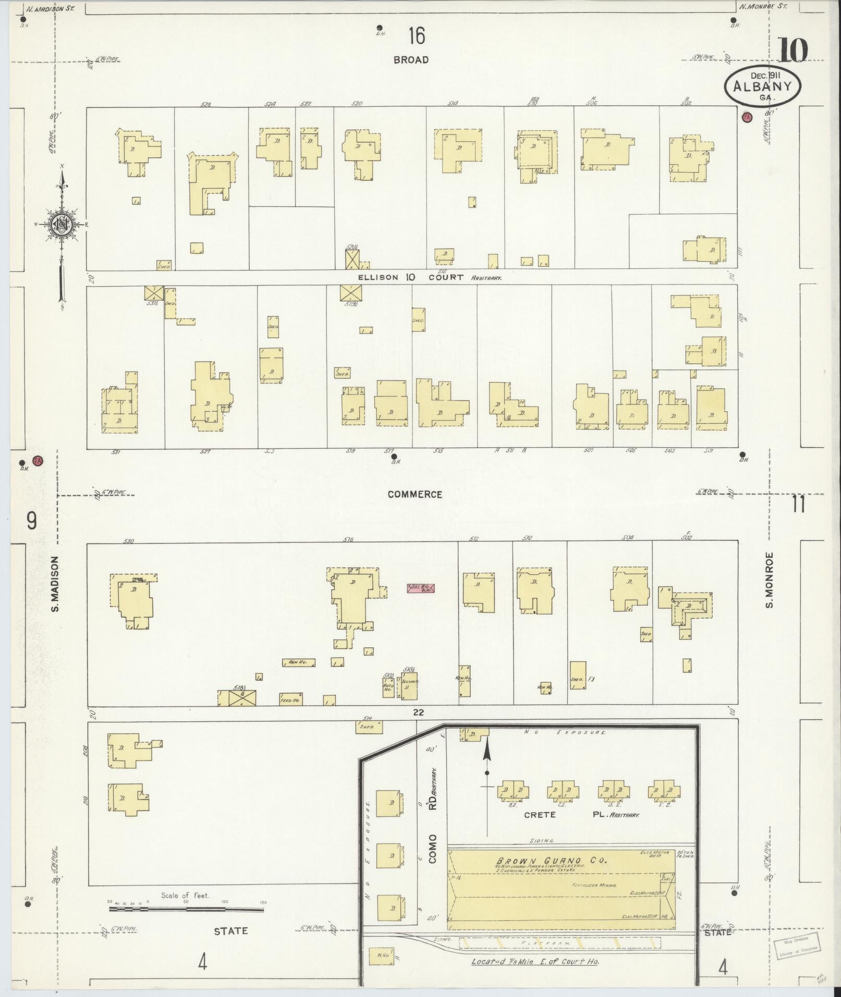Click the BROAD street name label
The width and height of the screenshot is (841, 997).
[x=411, y=60]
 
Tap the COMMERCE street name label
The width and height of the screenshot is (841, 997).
[x=415, y=494]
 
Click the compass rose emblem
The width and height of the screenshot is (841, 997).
[x=62, y=224]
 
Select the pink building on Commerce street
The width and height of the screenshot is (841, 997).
[x=421, y=588]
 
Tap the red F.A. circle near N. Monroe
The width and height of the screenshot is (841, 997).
[x=746, y=117]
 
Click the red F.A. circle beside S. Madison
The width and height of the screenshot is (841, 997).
[x=37, y=461]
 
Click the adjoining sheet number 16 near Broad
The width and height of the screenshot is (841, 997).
[x=417, y=36]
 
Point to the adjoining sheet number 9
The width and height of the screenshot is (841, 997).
[x=32, y=520]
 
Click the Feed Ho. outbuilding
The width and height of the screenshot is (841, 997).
[x=291, y=698]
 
